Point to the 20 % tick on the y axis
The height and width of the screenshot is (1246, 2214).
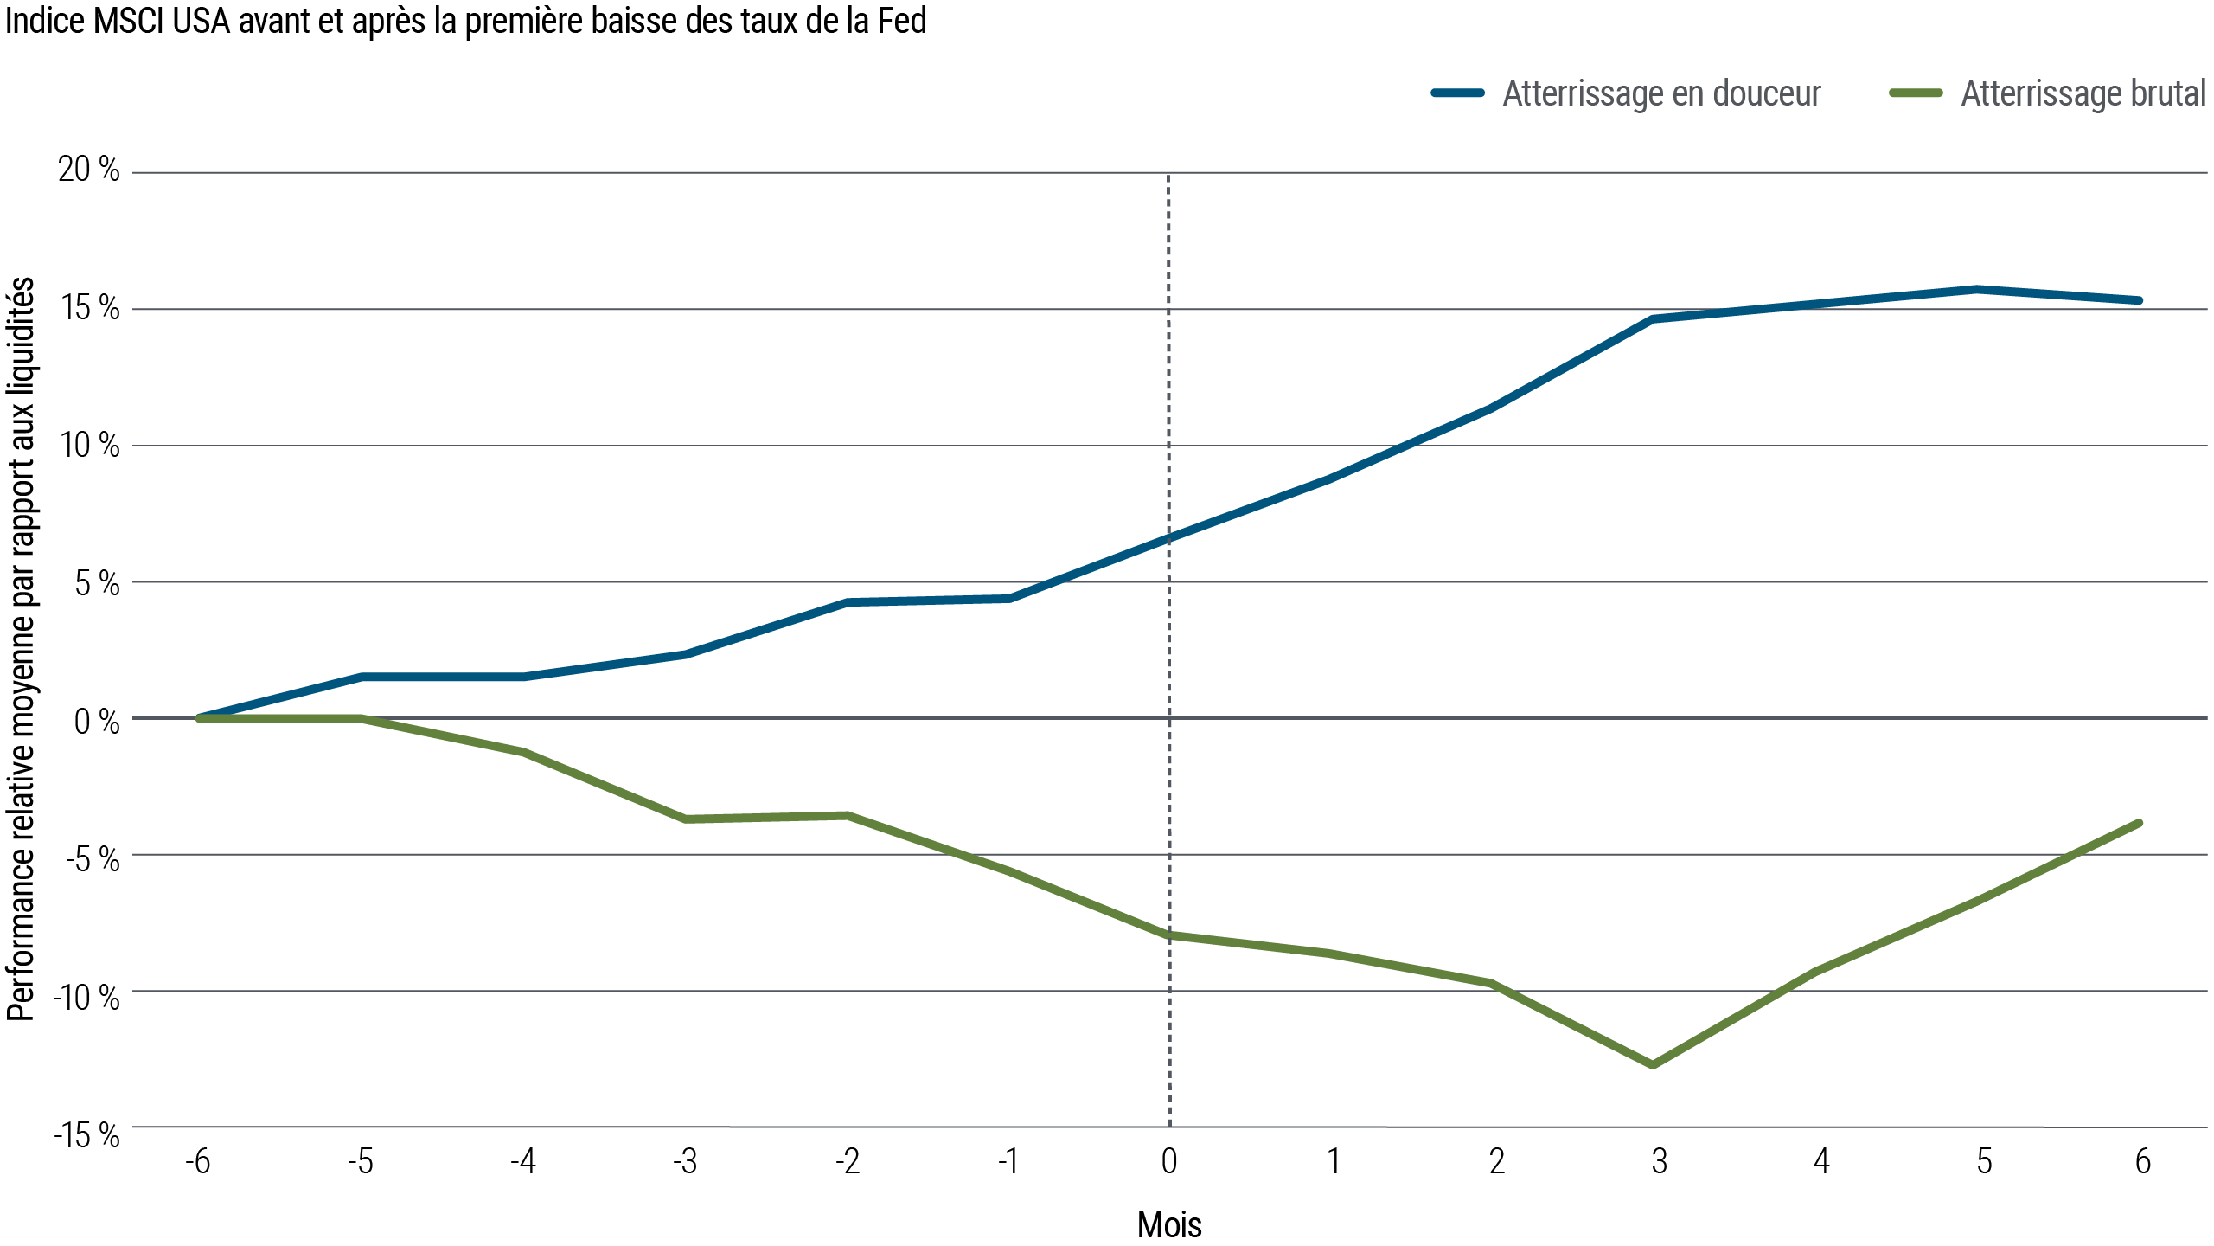(x=88, y=170)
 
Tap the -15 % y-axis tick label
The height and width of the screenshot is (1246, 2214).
(x=86, y=1135)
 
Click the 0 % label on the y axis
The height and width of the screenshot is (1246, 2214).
(x=96, y=721)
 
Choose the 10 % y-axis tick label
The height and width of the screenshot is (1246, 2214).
(x=89, y=446)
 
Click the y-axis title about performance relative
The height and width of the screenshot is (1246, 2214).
(x=21, y=649)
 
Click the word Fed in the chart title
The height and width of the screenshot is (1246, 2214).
(x=901, y=21)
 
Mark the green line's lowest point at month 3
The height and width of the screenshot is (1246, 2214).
(x=1653, y=1064)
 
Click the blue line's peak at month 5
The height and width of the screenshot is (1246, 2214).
(x=1979, y=289)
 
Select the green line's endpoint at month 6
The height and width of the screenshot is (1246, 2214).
(x=2140, y=823)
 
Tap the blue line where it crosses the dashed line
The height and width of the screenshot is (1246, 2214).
(x=1169, y=537)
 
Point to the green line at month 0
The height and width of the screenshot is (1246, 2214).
(x=1169, y=934)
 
